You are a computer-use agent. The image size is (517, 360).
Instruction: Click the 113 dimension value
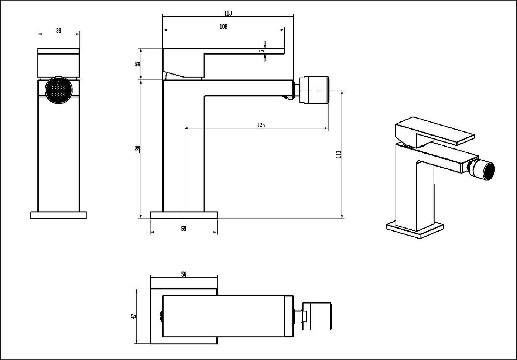pos(228,13)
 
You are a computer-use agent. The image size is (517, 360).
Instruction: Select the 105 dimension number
pos(223,27)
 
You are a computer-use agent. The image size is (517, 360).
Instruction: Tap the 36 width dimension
pos(59,30)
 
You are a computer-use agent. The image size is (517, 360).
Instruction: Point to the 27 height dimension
pos(138,64)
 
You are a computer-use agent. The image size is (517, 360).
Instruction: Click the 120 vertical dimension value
pos(138,149)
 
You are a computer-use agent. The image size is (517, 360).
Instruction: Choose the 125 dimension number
pos(261,125)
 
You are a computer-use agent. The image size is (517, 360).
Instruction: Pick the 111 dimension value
pos(339,154)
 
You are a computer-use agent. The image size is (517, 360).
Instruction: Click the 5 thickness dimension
pos(263,51)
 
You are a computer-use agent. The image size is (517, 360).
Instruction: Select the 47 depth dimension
pos(133,316)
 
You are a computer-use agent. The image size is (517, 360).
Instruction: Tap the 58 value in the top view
pos(184,274)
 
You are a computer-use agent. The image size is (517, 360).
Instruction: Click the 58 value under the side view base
pos(184,229)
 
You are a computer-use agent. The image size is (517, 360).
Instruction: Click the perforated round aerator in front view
pos(59,90)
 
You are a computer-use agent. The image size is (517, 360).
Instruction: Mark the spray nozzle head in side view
pos(314,90)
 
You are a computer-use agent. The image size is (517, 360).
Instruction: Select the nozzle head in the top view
pos(317,316)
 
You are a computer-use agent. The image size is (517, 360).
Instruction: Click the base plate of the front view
pos(59,215)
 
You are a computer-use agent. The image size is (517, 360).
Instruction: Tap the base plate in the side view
pos(184,215)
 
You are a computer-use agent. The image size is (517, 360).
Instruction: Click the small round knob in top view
pos(161,316)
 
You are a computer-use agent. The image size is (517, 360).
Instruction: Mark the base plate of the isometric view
pos(415,230)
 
